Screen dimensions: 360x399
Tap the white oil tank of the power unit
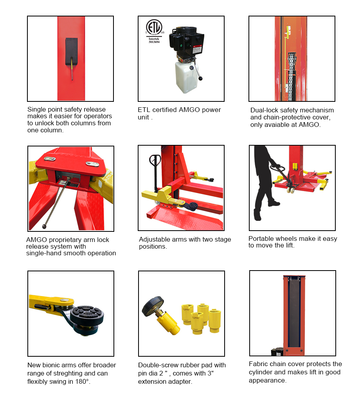click(x=187, y=76)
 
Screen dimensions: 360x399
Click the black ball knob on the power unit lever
click(x=201, y=78)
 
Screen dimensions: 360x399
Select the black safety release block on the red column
click(x=72, y=52)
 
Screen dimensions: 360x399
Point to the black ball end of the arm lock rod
click(x=45, y=226)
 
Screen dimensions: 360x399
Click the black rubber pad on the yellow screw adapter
click(x=153, y=306)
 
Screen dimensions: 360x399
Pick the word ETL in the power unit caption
click(x=144, y=110)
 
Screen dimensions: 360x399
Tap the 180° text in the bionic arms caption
click(x=82, y=382)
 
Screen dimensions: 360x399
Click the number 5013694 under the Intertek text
click(x=154, y=42)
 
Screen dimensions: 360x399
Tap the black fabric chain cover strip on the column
click(x=294, y=314)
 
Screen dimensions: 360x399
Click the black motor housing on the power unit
click(x=187, y=41)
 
